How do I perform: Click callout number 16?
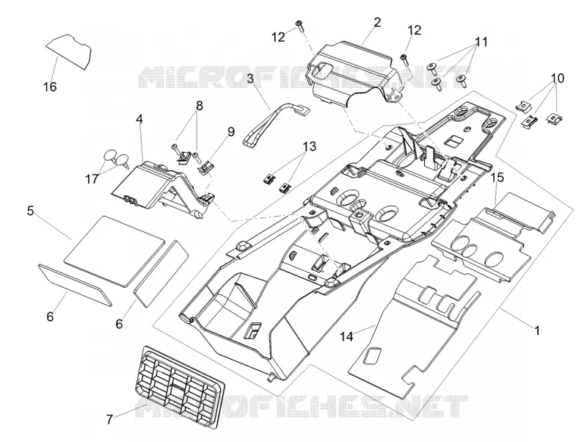[50, 87]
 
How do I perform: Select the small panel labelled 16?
[70, 51]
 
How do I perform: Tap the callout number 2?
[377, 23]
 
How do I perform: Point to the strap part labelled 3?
[274, 123]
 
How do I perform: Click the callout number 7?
[109, 419]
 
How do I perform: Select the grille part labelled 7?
[179, 386]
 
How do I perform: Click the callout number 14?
[346, 336]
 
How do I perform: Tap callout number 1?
[537, 330]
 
